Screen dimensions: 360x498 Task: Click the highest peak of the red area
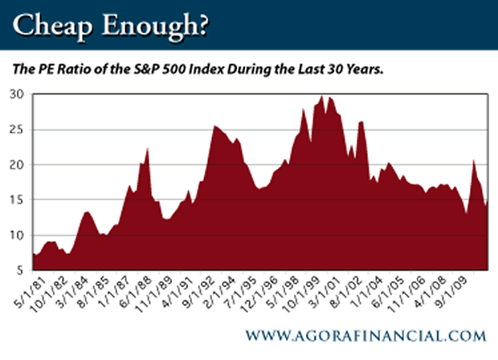pos(322,96)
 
